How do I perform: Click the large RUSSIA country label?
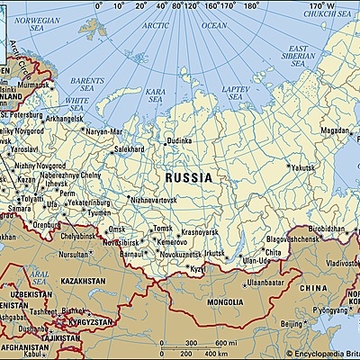pyautogui.click(x=189, y=178)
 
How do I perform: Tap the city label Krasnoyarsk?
pyautogui.click(x=202, y=232)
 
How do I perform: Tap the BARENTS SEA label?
pyautogui.click(x=87, y=85)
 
